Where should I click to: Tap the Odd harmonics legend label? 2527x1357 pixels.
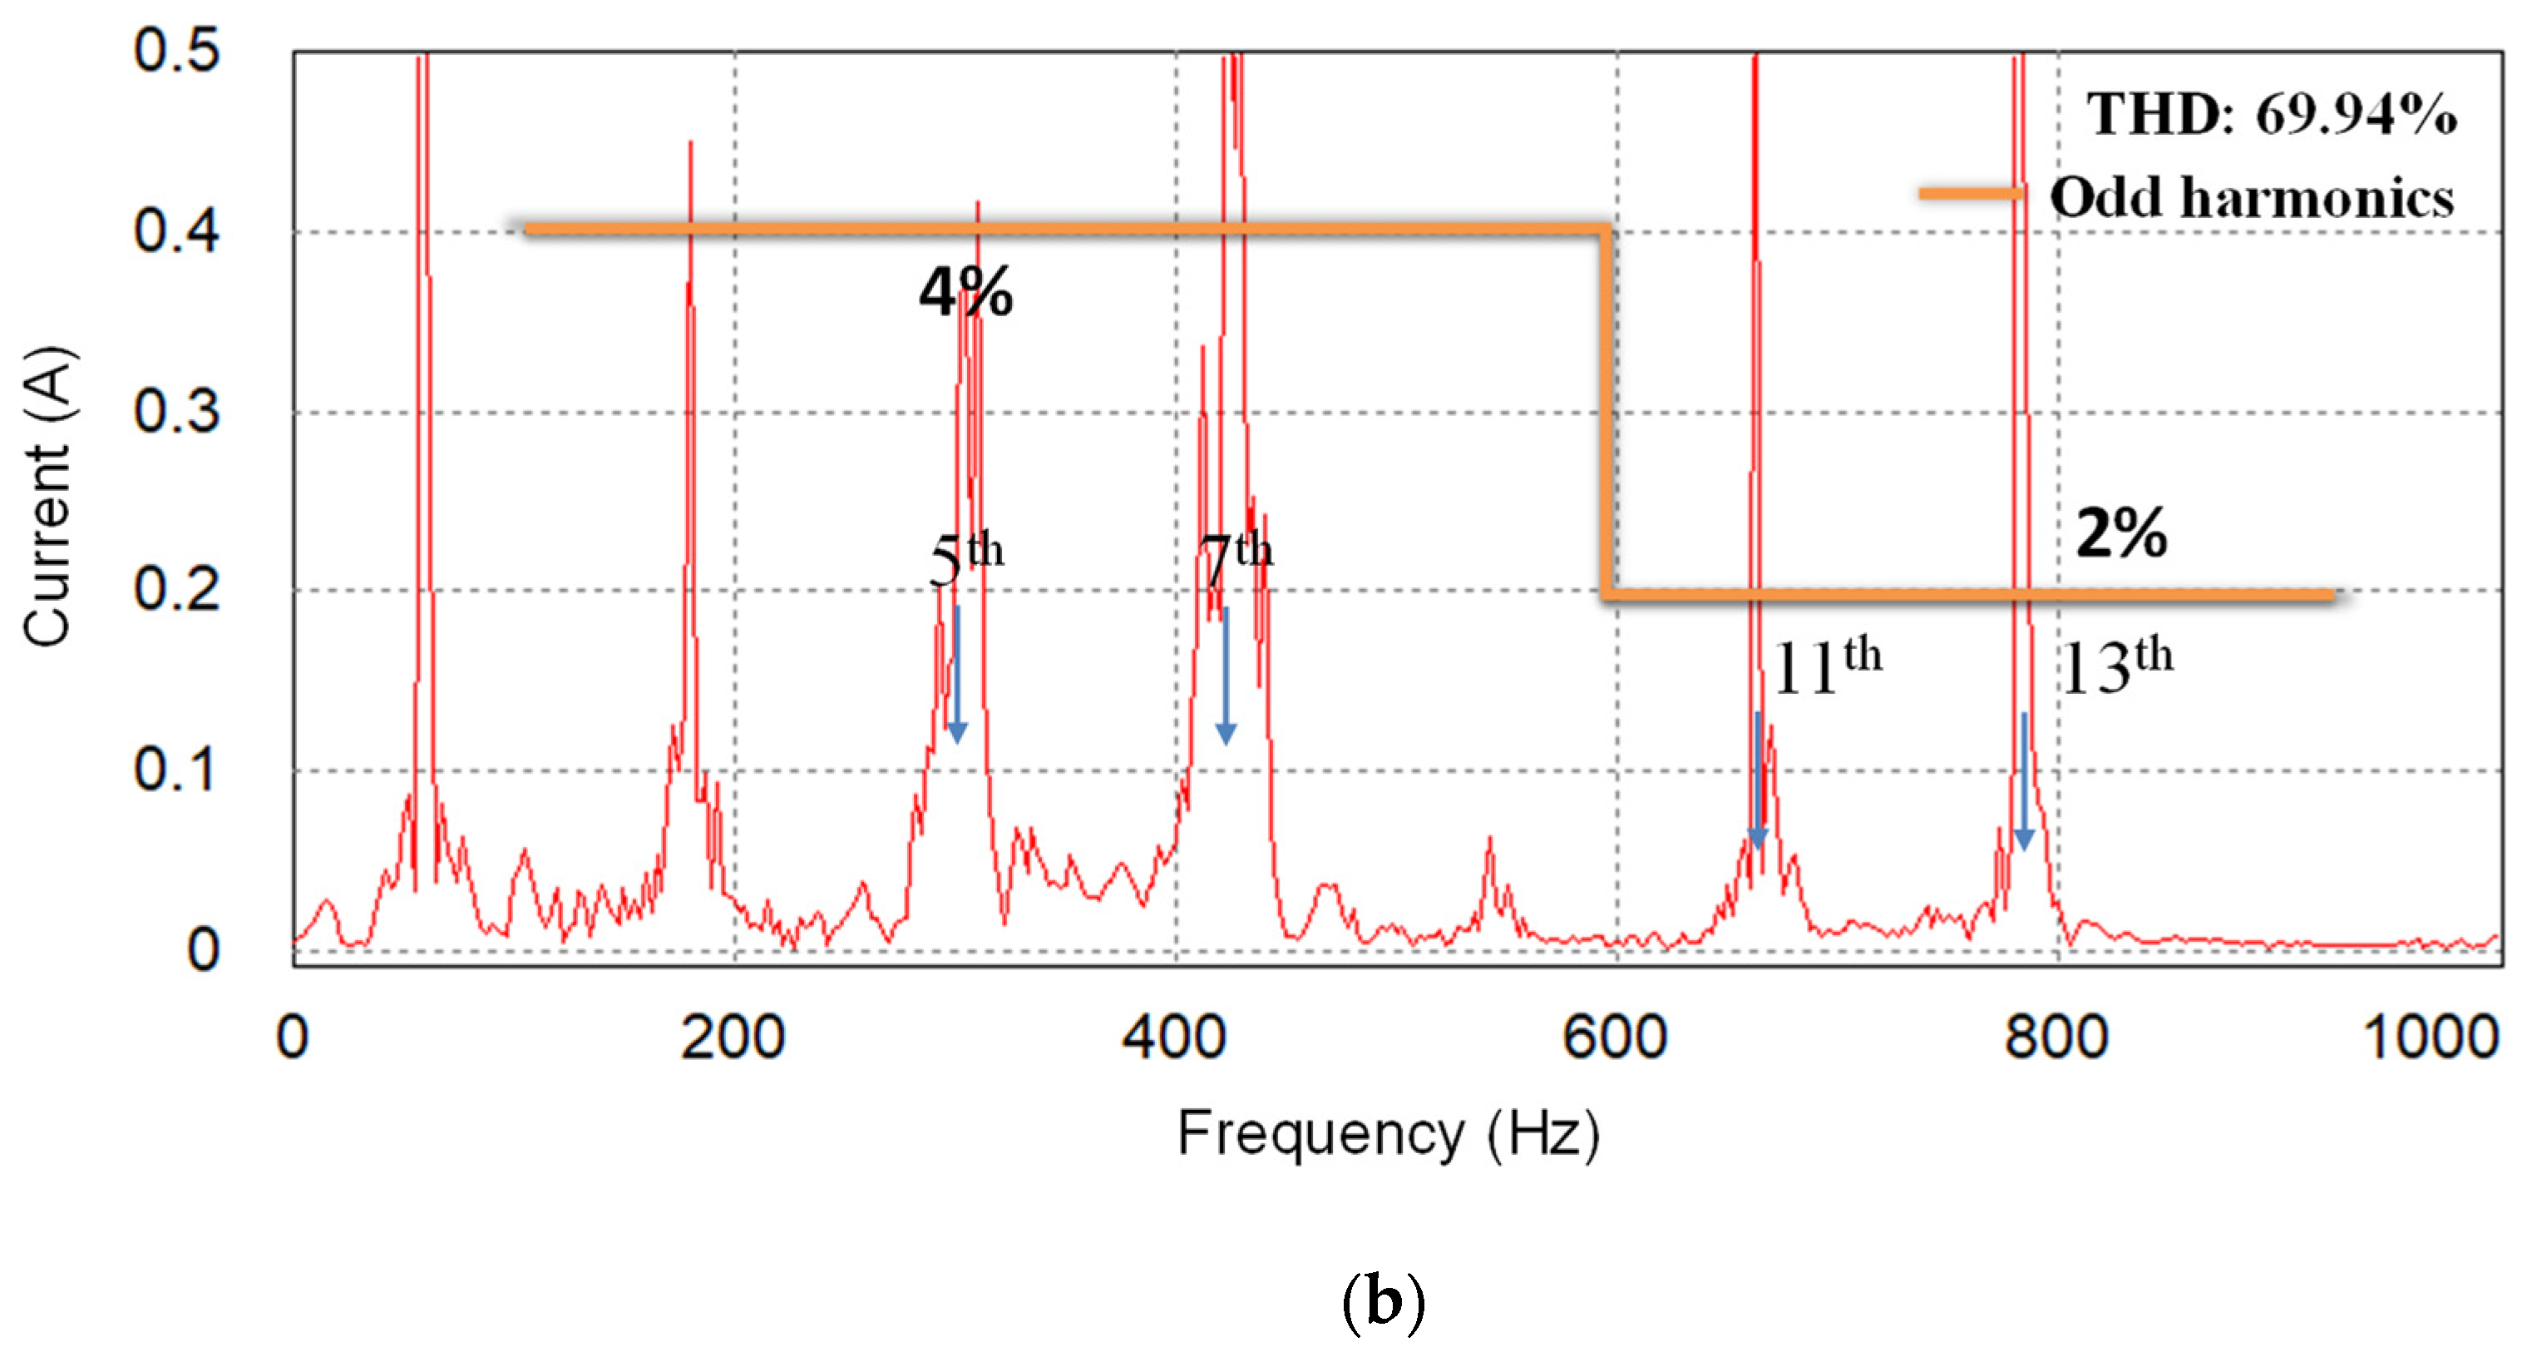(x=2251, y=197)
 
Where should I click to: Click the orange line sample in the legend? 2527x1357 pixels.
(x=1970, y=193)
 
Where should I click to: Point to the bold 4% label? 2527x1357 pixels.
(x=965, y=292)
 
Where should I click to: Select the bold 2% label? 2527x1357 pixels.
(x=2121, y=532)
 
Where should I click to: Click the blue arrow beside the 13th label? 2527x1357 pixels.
(x=2023, y=781)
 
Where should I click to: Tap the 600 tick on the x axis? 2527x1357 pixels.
(x=1615, y=1038)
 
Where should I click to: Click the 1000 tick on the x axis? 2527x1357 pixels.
(x=2429, y=1038)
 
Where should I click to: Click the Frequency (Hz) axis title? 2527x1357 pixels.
(x=1387, y=1134)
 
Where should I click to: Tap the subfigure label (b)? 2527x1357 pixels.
(x=1382, y=1302)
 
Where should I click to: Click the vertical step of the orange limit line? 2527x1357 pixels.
(x=1606, y=412)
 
